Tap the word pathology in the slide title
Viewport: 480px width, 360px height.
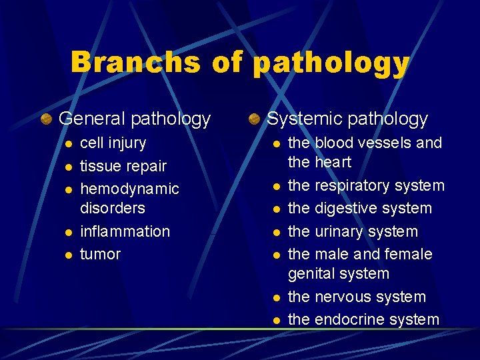331,64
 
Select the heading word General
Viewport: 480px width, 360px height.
93,119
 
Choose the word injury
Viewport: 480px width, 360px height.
126,143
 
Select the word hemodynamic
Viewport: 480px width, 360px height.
129,189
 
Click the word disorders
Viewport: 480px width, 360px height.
112,208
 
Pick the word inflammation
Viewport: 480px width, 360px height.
125,231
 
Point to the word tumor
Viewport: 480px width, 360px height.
100,254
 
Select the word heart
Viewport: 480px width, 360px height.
333,162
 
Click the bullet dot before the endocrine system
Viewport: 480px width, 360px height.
275,321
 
